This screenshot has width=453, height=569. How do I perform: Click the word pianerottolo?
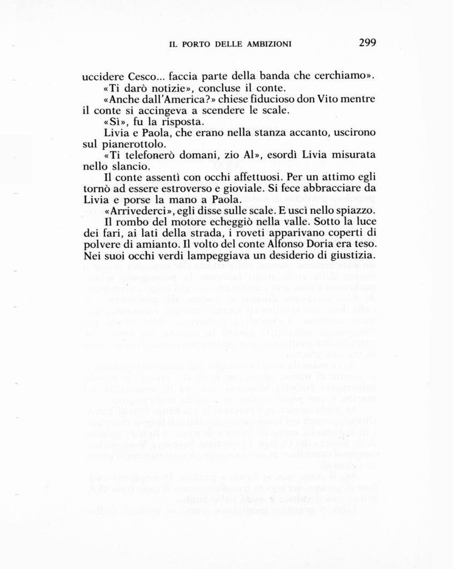tap(136, 144)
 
